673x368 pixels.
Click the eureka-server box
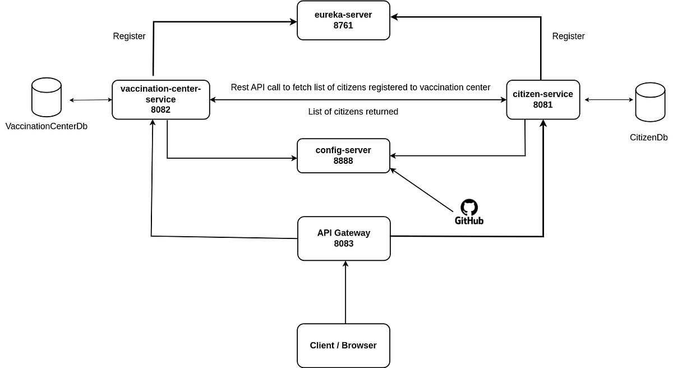pos(343,20)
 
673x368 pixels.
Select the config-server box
pos(343,155)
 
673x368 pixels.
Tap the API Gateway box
pos(344,238)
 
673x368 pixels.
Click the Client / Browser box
pos(343,345)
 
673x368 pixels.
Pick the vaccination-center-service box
pos(160,99)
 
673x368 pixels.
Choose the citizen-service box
pos(543,99)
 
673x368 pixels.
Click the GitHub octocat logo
pos(469,208)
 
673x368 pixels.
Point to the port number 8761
pos(343,25)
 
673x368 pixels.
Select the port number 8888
pos(343,160)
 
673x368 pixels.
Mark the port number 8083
pos(344,243)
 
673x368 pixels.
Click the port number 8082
pos(160,110)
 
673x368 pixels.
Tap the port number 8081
pos(543,105)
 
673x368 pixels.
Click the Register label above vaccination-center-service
pos(129,36)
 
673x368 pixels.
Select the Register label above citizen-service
pos(568,36)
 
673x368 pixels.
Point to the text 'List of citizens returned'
pos(353,112)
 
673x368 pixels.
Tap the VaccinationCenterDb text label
pos(47,126)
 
